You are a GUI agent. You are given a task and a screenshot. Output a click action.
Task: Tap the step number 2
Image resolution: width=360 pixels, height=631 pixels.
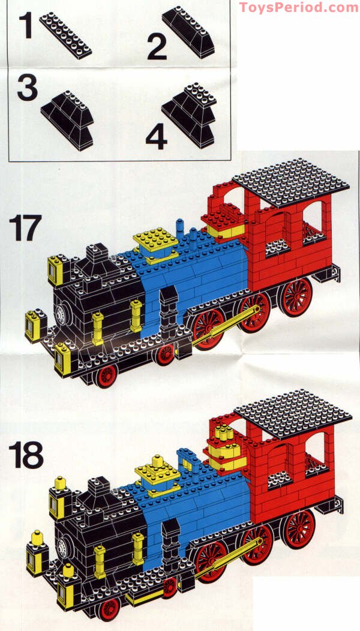157,47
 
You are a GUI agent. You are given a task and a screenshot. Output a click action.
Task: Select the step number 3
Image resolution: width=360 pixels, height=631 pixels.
27,88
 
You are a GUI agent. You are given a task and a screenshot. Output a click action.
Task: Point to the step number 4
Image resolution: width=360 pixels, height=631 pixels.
156,137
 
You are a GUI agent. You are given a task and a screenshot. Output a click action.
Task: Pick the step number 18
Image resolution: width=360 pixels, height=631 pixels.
25,456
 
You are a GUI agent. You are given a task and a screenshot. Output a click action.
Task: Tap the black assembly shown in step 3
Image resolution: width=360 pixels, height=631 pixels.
68,119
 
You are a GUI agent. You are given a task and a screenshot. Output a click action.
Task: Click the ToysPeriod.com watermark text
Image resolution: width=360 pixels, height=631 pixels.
298,7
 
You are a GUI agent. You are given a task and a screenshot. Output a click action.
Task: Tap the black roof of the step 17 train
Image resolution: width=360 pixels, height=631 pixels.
290,182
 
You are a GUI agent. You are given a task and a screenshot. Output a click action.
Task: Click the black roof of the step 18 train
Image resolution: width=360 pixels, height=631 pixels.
292,413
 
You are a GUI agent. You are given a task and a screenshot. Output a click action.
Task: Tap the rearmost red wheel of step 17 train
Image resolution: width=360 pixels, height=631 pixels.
296,297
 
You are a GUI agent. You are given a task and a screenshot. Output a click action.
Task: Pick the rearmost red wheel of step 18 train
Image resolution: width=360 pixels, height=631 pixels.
298,528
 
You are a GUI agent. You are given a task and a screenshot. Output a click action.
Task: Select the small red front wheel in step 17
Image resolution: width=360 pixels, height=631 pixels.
107,376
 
